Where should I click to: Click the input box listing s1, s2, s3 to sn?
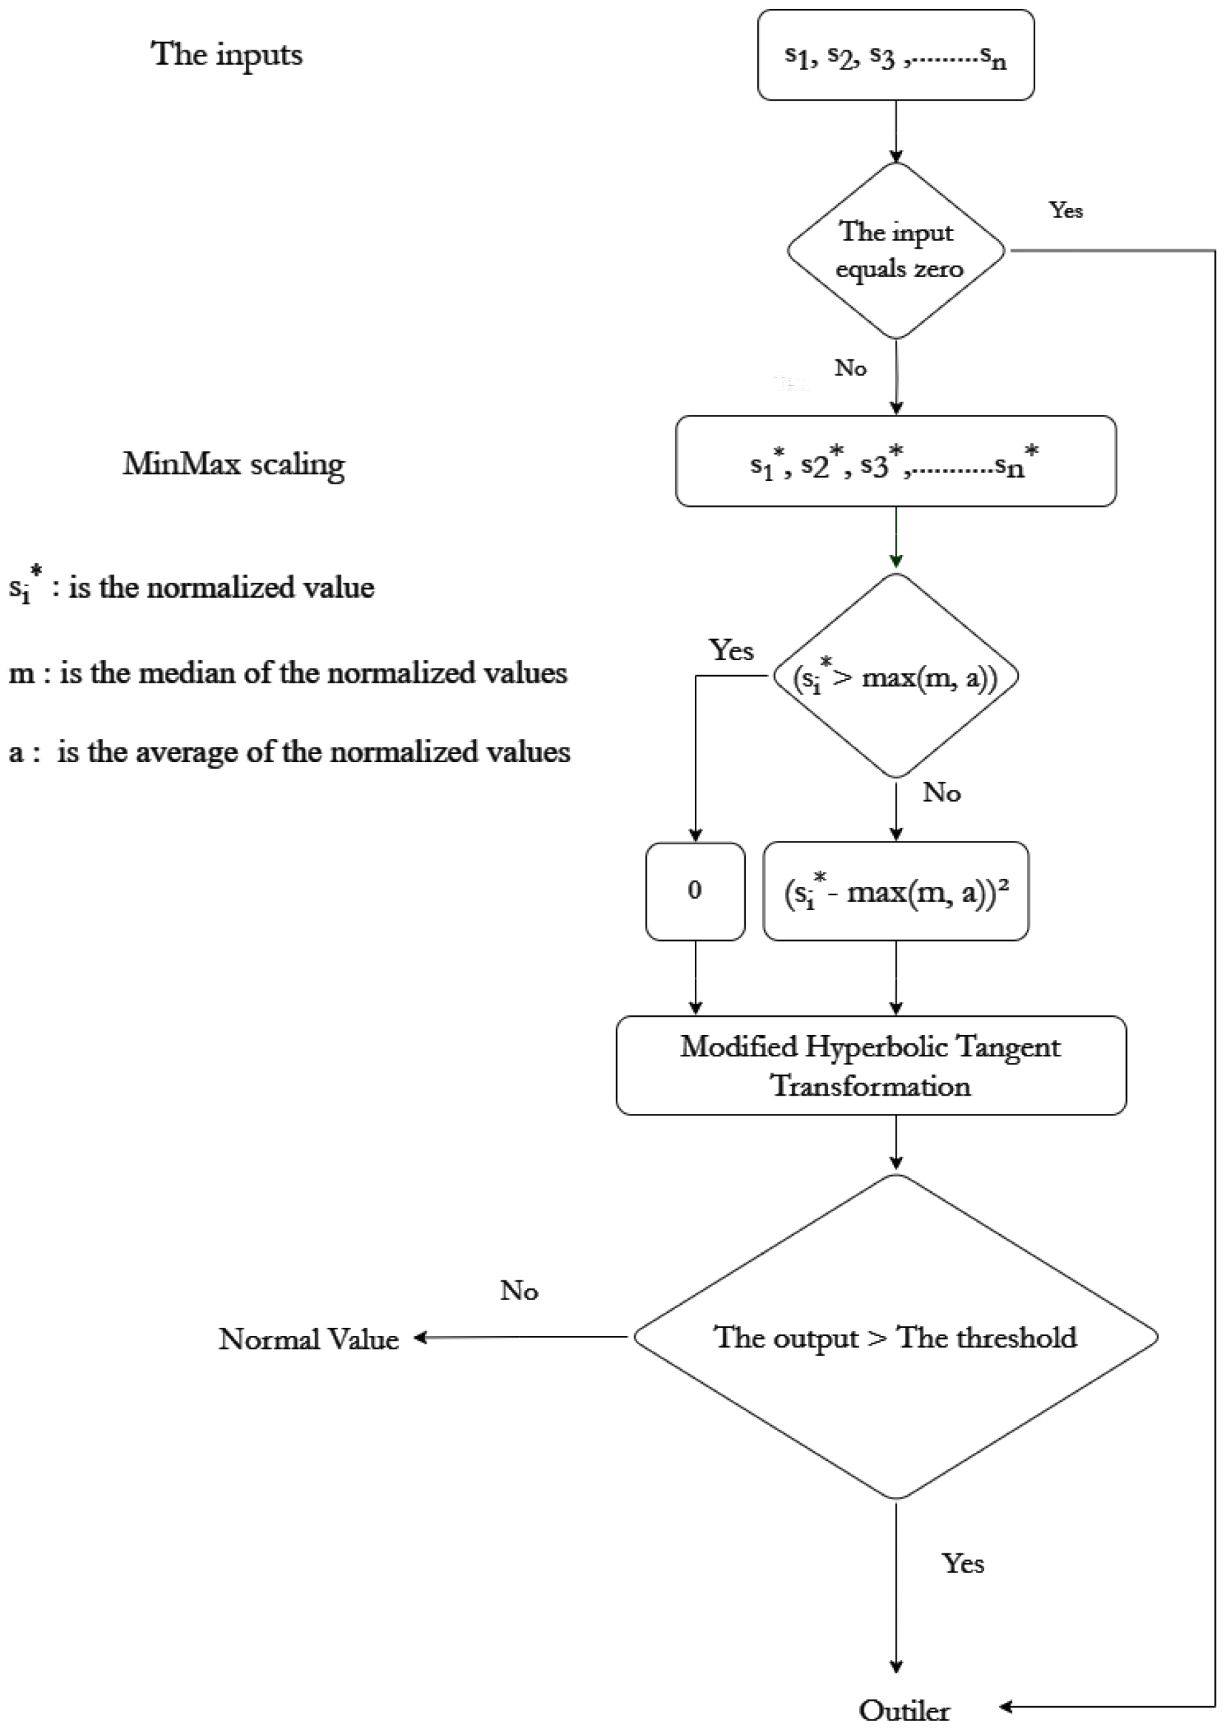895,55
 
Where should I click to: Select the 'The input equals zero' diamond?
896,250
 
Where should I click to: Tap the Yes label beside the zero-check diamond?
1066,210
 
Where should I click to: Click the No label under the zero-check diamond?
850,368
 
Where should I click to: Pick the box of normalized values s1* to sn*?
895,461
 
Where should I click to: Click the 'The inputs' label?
227,54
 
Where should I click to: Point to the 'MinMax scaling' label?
234,463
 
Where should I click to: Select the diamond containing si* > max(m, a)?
895,676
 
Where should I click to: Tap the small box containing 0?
695,891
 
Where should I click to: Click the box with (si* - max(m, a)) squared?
895,891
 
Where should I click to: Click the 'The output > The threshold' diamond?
895,1337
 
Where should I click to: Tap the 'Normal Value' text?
308,1339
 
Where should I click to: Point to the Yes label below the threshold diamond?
962,1563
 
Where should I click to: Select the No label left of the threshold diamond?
519,1291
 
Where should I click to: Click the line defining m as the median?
287,673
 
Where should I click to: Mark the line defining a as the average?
289,752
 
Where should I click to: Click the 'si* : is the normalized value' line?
192,587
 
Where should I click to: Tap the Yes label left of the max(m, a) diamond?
730,650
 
